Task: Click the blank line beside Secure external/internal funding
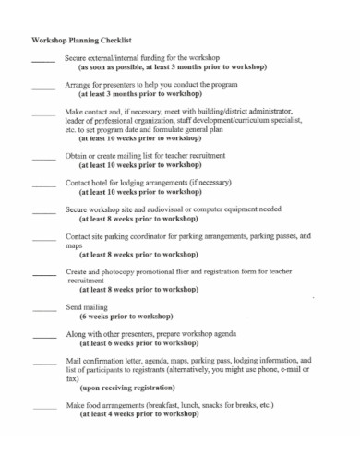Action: (x=43, y=61)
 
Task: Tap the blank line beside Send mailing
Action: (x=43, y=309)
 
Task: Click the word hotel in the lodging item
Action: (x=102, y=184)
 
